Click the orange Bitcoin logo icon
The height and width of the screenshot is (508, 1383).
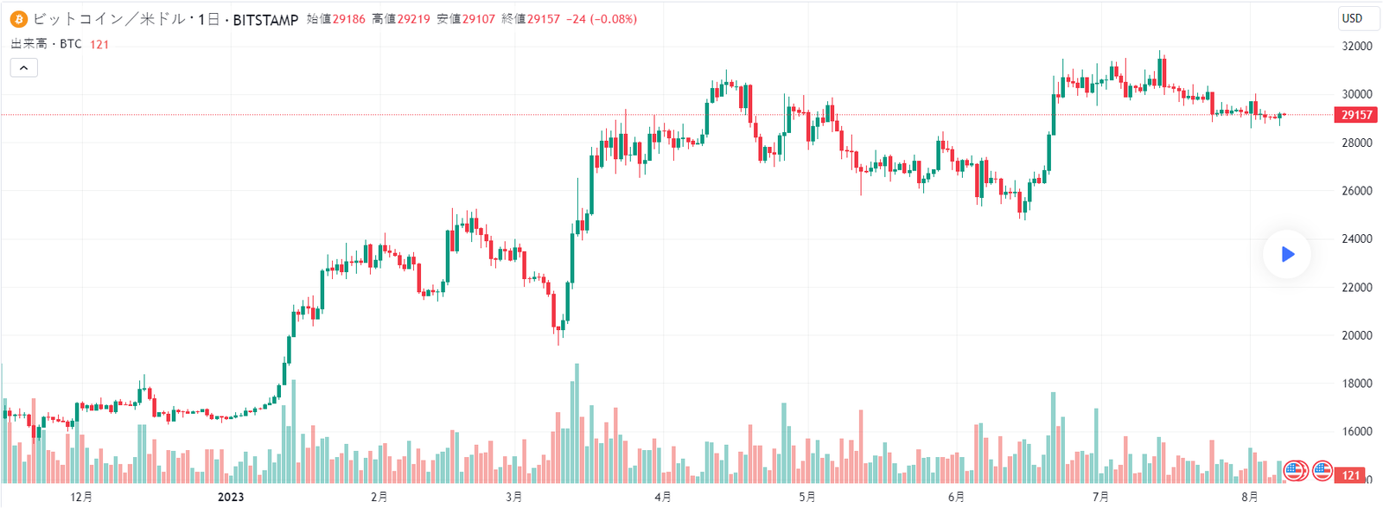point(18,19)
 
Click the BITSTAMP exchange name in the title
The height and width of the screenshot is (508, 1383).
point(265,19)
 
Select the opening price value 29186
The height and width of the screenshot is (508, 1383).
point(349,19)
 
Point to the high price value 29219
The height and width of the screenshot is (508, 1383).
point(413,19)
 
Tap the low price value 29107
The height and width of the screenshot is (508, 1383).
point(478,19)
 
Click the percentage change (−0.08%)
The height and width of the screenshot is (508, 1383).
point(614,19)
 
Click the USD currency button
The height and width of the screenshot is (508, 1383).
point(1352,18)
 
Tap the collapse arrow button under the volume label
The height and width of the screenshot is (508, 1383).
point(24,67)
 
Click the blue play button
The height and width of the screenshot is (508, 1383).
point(1287,254)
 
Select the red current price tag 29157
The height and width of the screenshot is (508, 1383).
point(1356,115)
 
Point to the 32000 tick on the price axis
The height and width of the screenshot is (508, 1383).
point(1356,47)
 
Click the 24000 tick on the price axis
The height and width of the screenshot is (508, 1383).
point(1356,239)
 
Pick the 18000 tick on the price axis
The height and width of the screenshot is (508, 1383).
point(1356,384)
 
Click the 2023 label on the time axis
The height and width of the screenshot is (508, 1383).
point(231,497)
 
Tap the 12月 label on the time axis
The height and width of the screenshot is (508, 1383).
point(81,497)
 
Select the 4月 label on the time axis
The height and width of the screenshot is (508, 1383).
point(662,497)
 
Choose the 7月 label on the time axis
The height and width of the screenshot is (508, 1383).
point(1100,497)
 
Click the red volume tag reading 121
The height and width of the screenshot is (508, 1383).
point(1351,475)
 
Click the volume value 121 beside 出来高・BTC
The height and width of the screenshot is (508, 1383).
point(99,44)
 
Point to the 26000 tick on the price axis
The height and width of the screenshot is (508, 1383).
point(1356,191)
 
